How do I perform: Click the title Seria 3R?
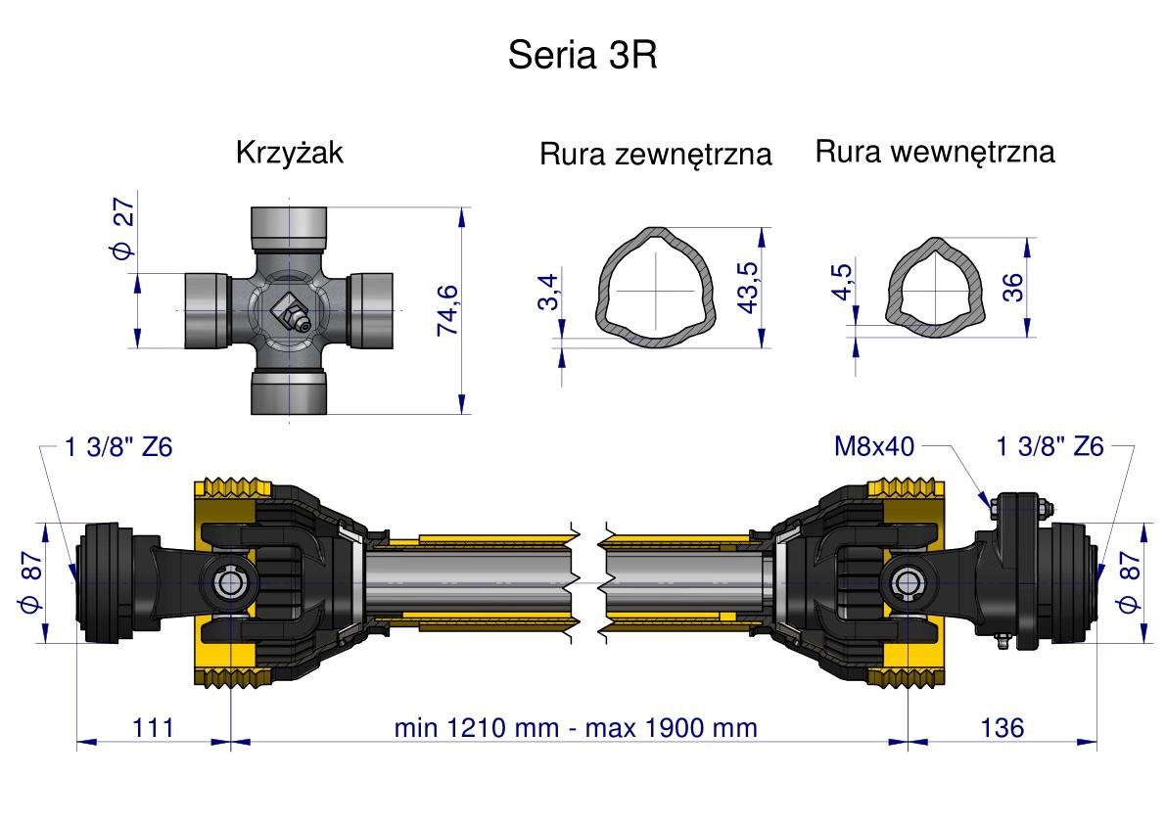(582, 56)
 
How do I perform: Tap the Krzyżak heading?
(290, 154)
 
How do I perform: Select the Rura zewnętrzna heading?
(655, 155)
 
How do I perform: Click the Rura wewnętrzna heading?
(935, 153)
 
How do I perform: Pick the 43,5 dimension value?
(749, 287)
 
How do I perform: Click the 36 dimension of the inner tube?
(1013, 286)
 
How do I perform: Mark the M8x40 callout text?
(873, 447)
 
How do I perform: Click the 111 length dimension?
(153, 728)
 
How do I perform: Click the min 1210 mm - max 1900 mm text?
(575, 728)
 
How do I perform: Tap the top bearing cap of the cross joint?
(290, 227)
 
